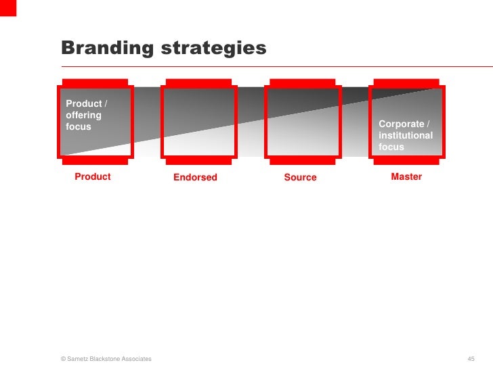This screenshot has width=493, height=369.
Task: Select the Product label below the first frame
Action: (x=92, y=177)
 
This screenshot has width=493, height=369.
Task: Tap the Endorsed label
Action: (x=195, y=178)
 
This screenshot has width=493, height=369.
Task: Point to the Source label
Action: (x=300, y=178)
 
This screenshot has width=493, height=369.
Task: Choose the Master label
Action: (x=406, y=177)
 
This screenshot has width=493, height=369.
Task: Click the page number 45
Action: (x=472, y=358)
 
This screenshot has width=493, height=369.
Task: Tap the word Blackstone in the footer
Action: (x=108, y=358)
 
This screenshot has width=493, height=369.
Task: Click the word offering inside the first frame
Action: (x=83, y=115)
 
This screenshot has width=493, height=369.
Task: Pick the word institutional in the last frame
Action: (x=406, y=135)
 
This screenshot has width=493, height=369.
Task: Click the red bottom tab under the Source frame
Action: (x=302, y=161)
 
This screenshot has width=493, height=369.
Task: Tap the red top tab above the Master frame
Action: (x=406, y=82)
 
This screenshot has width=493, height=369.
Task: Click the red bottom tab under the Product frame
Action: (x=94, y=161)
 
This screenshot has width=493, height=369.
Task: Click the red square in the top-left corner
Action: (x=7, y=7)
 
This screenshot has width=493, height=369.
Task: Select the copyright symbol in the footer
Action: (x=63, y=358)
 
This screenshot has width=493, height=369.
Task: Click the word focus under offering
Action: (x=78, y=126)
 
